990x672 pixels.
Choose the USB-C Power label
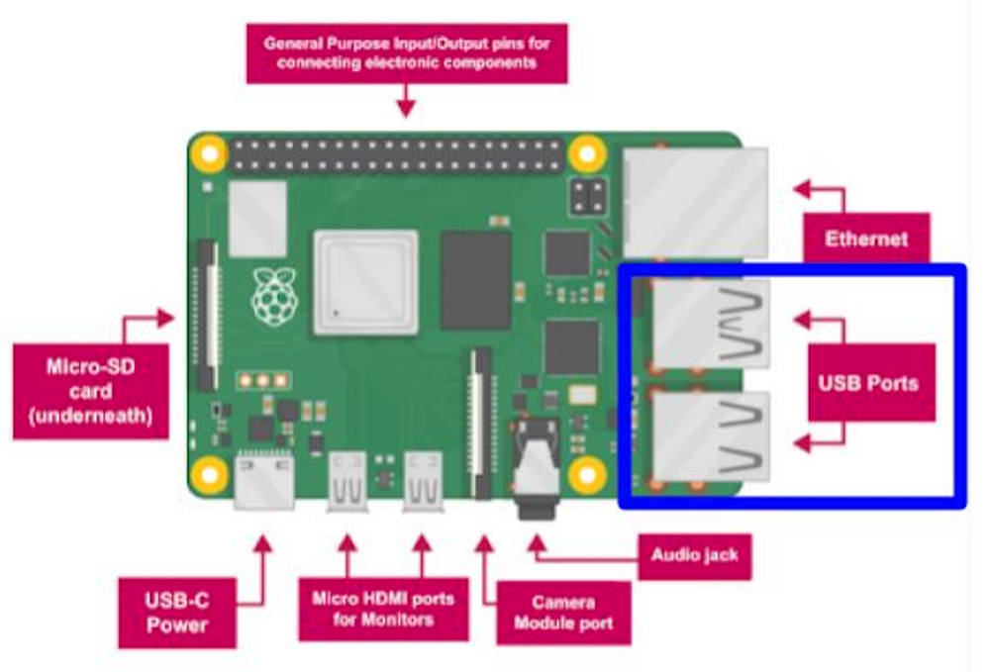tap(177, 613)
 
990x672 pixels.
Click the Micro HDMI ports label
tap(383, 609)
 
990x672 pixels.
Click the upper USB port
tap(711, 323)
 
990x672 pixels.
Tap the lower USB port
tap(711, 436)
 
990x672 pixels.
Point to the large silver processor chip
tap(365, 282)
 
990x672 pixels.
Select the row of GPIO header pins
tap(396, 153)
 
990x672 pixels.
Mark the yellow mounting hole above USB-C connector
tap(209, 474)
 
